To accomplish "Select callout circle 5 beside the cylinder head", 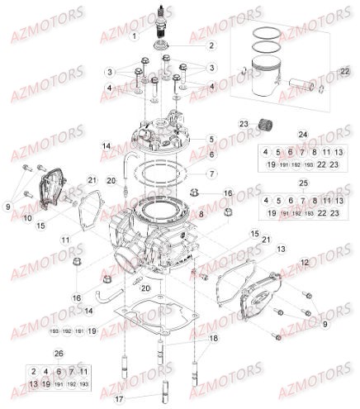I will point(211,139).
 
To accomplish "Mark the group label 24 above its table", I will point(302,135).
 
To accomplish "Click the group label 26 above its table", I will point(57,353).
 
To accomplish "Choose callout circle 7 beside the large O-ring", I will point(211,174).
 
